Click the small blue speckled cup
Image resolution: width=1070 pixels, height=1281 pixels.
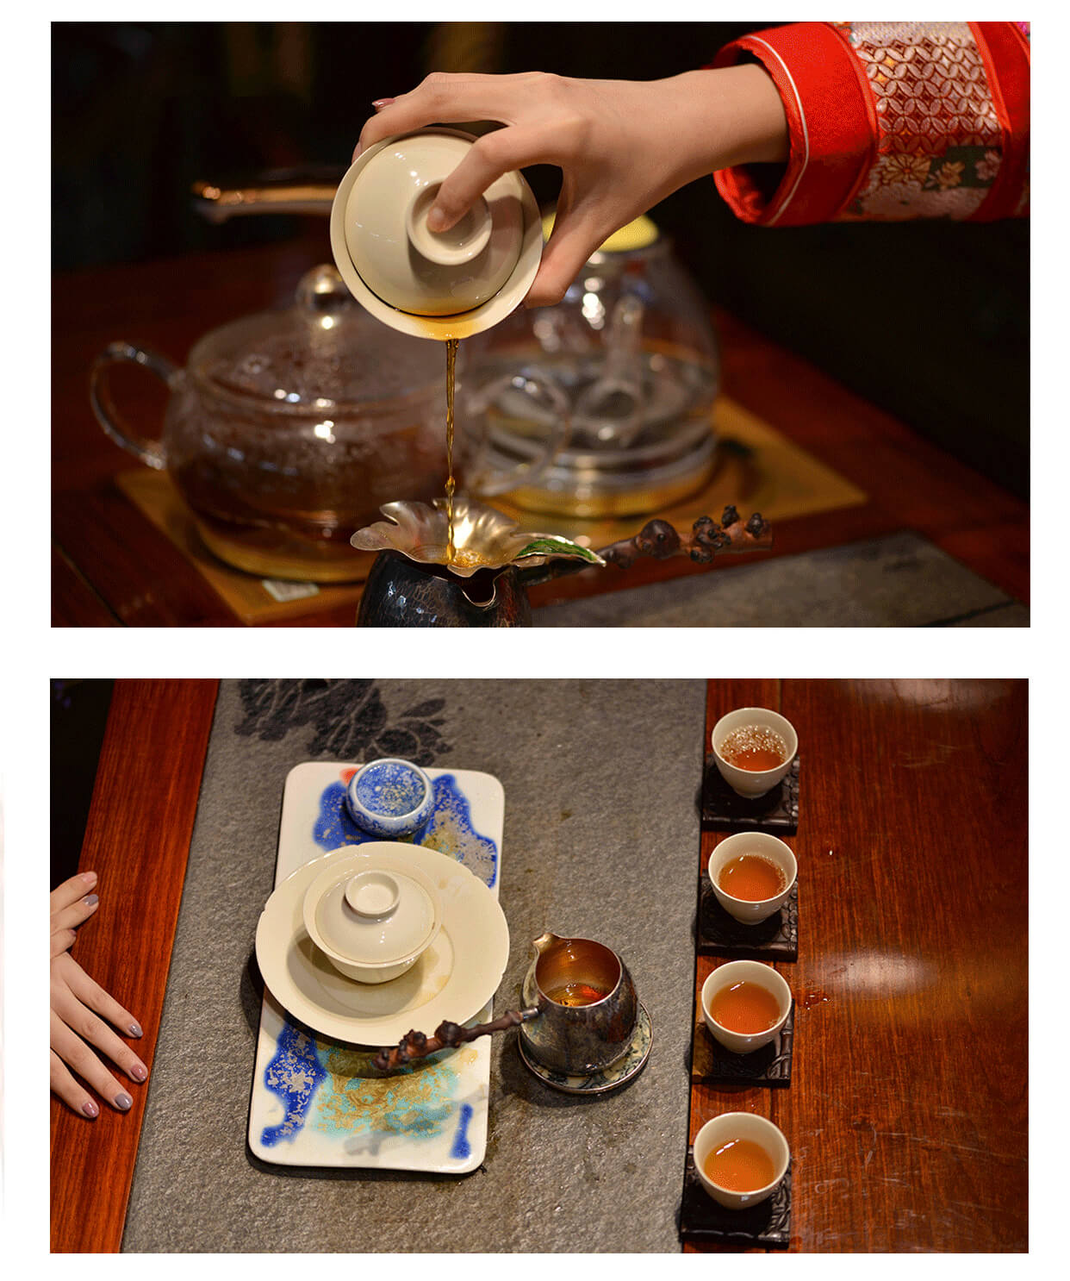point(390,796)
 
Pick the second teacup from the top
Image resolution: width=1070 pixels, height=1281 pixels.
point(751,876)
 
